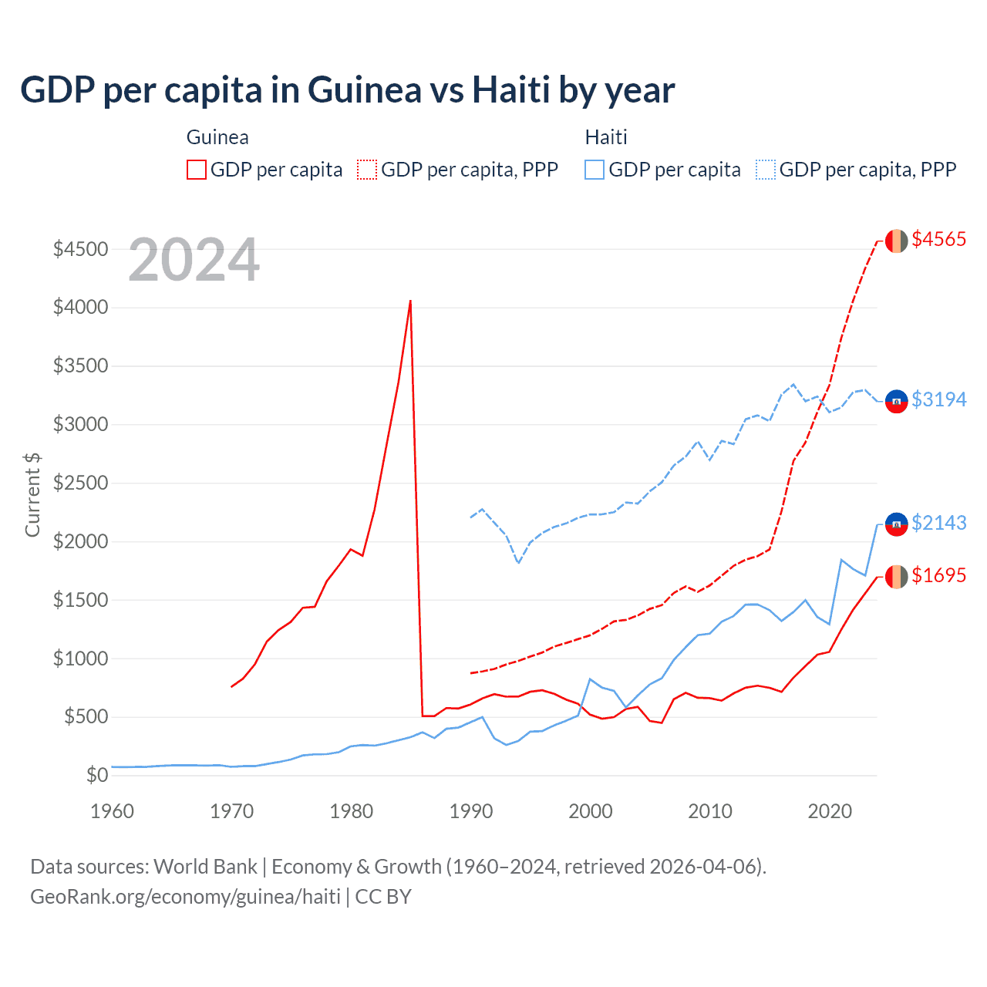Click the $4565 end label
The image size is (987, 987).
[938, 239]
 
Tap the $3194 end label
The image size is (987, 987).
[938, 399]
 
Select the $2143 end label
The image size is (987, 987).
[938, 523]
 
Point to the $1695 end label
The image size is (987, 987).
[938, 575]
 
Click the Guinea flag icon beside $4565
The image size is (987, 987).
[896, 241]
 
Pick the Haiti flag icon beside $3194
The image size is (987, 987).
[896, 401]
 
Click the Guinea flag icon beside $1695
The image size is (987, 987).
[896, 576]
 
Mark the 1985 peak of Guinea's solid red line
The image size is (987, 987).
[410, 301]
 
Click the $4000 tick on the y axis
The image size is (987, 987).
[80, 308]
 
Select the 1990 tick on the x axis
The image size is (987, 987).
[470, 811]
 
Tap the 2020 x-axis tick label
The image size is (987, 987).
[829, 811]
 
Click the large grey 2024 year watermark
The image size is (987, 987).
[194, 260]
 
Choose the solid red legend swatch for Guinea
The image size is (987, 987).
[197, 170]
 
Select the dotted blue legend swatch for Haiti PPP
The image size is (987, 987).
[766, 170]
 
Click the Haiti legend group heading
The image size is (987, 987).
[606, 137]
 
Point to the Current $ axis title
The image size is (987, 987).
[32, 494]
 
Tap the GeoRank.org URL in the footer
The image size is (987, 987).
[185, 897]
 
